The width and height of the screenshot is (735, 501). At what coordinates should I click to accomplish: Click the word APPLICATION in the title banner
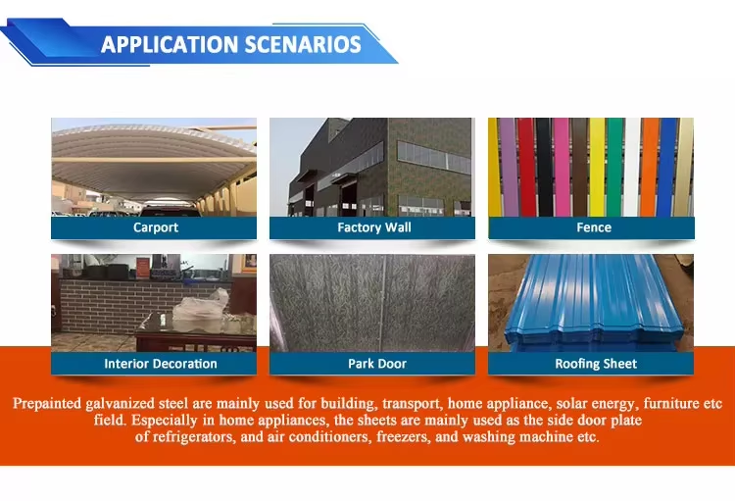(x=170, y=44)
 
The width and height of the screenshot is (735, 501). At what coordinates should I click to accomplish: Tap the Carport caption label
(x=156, y=227)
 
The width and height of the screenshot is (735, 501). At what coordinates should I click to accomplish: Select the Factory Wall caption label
(x=374, y=227)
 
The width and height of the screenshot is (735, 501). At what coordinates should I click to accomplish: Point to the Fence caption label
(x=594, y=227)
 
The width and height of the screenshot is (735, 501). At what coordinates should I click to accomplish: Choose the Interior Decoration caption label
(x=161, y=364)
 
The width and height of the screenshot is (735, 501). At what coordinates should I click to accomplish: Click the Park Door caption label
(x=377, y=364)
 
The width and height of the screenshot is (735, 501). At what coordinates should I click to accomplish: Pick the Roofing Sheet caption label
(x=596, y=364)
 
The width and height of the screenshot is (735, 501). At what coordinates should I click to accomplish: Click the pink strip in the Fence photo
(x=562, y=167)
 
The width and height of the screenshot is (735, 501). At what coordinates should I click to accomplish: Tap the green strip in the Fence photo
(x=615, y=167)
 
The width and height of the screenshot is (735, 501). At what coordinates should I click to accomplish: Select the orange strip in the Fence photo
(x=649, y=167)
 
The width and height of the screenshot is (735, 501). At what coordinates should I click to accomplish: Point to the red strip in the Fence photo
(x=526, y=167)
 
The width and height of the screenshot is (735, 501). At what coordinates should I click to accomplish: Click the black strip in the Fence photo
(x=544, y=167)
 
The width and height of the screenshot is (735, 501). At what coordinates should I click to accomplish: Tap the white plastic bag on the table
(x=203, y=307)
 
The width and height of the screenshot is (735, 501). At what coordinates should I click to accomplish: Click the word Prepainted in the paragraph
(x=47, y=404)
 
